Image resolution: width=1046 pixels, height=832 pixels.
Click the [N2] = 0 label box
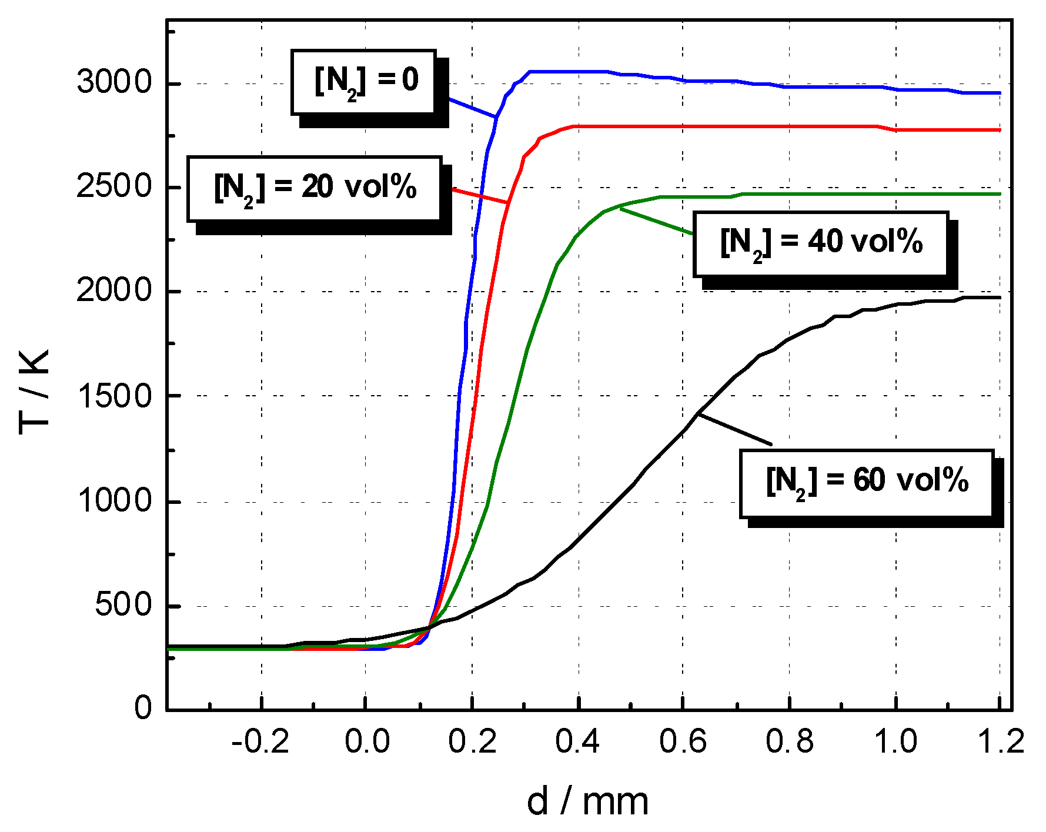pos(364,82)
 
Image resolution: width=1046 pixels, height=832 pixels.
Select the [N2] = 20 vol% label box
pos(315,189)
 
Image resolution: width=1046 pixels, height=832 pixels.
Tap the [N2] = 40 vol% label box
pos(821,243)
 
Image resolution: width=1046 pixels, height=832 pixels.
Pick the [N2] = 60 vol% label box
pos(867,483)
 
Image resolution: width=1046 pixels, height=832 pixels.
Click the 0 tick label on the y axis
pos(143,708)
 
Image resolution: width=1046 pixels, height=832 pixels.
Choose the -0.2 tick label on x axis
pos(260,741)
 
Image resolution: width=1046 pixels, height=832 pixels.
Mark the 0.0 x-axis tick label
pos(367,741)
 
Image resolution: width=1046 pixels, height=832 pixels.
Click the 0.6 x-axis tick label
pos(683,741)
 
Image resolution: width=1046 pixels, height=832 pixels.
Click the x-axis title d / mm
pos(587,802)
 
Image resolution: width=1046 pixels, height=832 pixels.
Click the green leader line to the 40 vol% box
pos(656,222)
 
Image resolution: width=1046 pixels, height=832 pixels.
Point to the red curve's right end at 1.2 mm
pos(999,130)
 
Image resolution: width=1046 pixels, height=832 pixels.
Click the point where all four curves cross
pos(428,627)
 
